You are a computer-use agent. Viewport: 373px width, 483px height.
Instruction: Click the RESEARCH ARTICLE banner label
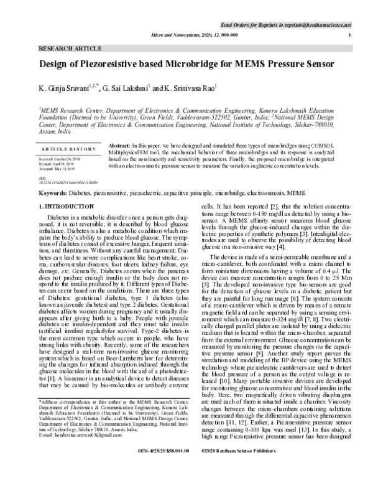64,48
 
